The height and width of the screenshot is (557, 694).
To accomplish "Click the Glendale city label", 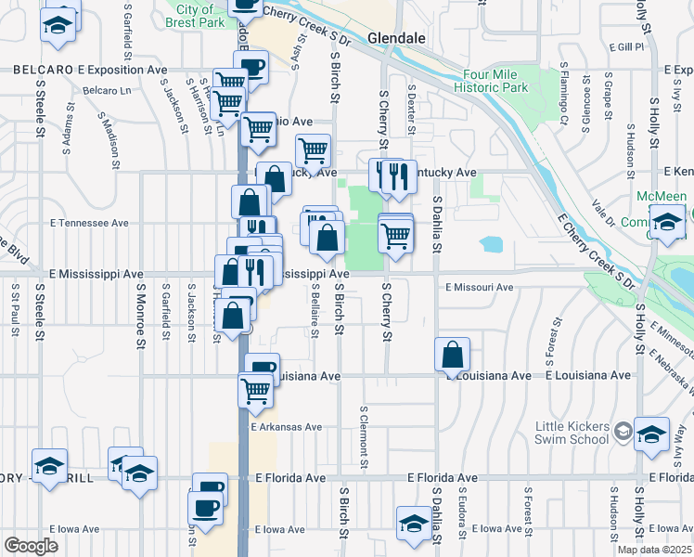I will [396, 38].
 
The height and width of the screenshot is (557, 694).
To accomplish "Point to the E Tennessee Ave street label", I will [90, 224].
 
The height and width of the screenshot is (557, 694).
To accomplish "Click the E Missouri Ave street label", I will [480, 288].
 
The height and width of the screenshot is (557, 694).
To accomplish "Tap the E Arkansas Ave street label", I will [287, 427].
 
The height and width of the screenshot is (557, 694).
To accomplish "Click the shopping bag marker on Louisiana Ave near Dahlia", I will [452, 354].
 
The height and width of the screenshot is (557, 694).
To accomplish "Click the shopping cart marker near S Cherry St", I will [396, 237].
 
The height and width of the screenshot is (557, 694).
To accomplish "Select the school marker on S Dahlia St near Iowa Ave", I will [413, 523].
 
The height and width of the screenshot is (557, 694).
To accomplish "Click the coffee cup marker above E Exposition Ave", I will [251, 67].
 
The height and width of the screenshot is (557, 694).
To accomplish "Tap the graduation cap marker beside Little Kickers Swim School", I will [651, 434].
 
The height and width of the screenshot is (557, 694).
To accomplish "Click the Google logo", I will [31, 546].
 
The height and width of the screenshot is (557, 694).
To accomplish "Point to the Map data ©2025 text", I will [654, 550].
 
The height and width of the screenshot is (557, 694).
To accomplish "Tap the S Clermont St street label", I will [364, 435].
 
